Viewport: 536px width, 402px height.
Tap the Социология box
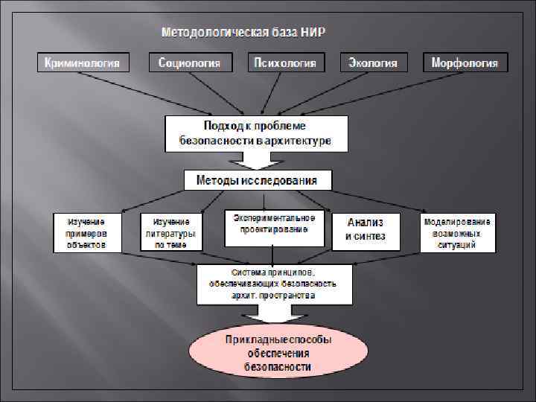click(190, 63)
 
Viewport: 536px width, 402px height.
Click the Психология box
click(285, 63)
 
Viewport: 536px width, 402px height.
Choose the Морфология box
click(465, 63)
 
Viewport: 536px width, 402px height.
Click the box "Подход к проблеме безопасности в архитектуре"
click(255, 133)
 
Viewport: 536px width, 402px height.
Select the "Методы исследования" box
click(257, 180)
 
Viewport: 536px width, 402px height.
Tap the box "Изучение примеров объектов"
click(86, 232)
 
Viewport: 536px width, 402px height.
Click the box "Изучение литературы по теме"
click(170, 232)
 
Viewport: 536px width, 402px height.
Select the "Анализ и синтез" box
click(366, 230)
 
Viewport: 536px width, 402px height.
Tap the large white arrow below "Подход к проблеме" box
click(256, 160)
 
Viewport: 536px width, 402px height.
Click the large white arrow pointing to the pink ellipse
click(275, 315)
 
